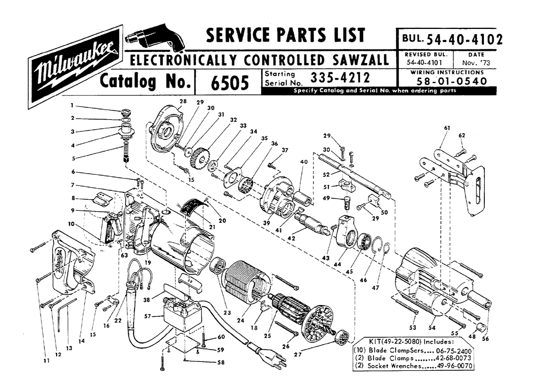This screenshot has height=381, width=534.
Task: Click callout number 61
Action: coord(446,128)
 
